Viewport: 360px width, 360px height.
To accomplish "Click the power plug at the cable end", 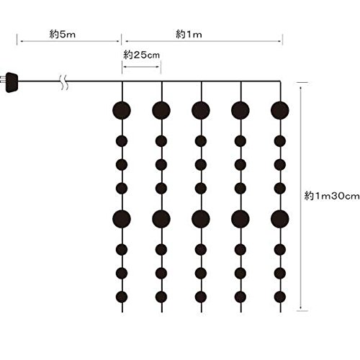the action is tap(12, 82).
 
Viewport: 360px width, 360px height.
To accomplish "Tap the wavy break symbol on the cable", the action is tap(64, 82).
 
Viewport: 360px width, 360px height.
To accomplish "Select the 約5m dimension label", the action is tap(63, 35).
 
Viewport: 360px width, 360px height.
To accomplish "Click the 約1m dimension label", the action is tap(189, 35).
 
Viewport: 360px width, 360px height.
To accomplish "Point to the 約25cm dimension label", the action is tap(141, 55).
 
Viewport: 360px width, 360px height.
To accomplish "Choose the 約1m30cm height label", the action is tap(332, 196).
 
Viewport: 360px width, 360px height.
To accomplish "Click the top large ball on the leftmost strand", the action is tap(122, 110).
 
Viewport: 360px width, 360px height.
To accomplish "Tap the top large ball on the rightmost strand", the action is tap(280, 110).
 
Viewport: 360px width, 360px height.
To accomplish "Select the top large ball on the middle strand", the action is tap(201, 110).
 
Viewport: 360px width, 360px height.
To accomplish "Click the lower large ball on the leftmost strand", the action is tap(122, 219).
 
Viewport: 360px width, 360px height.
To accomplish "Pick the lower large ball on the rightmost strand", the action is tap(280, 219).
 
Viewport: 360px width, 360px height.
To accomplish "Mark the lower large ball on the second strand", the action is tap(161, 219).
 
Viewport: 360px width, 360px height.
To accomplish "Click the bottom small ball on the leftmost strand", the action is tap(122, 297).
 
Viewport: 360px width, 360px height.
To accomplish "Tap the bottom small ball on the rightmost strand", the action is tap(280, 297).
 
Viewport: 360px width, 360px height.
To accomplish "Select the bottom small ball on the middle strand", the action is tap(201, 297).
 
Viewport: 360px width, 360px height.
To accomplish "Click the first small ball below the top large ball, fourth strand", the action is tap(240, 141).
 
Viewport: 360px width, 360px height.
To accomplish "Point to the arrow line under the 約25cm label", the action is tap(141, 67).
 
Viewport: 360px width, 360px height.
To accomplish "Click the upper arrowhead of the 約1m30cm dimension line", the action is tap(300, 89).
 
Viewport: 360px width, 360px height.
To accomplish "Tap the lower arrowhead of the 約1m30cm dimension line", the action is tap(300, 307).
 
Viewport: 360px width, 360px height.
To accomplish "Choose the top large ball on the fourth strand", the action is tap(240, 110).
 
